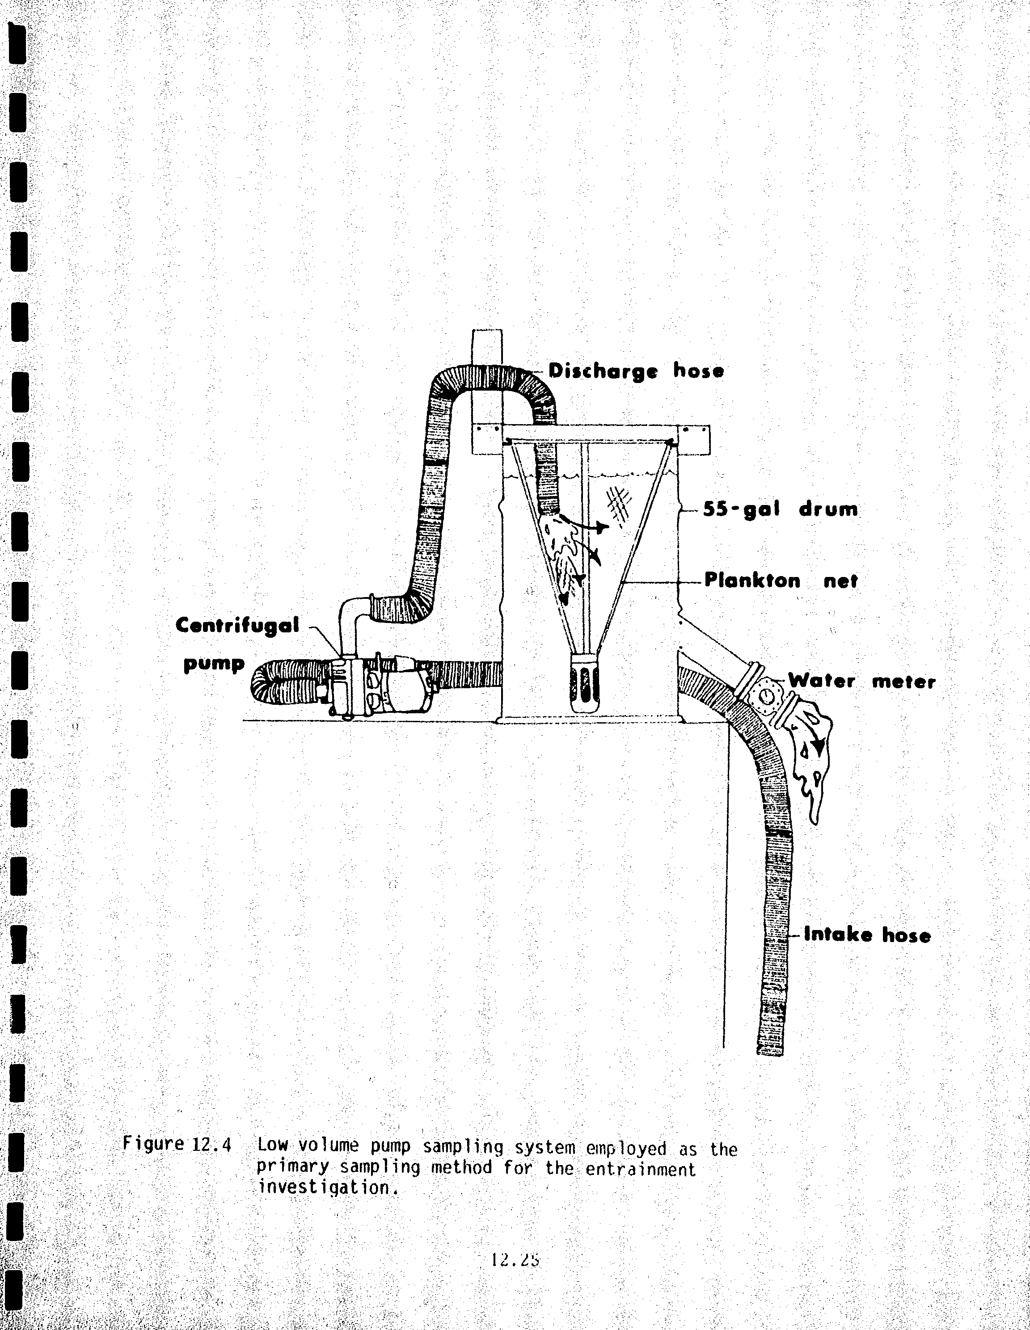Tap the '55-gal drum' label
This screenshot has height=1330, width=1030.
point(780,509)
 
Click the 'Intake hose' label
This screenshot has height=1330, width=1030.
point(867,935)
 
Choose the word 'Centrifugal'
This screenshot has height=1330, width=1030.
point(237,625)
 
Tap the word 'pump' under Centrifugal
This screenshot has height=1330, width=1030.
point(214,664)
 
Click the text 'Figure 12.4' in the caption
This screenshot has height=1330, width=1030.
point(177,1144)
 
